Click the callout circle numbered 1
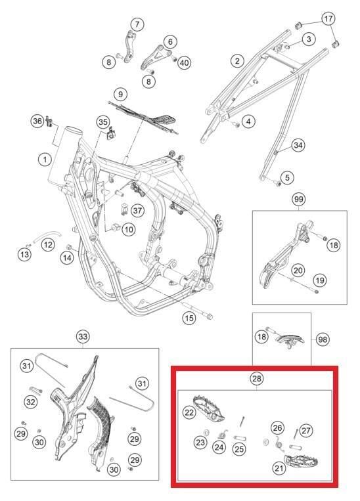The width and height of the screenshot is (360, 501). click(44, 159)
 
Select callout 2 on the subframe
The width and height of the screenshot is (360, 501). click(237, 61)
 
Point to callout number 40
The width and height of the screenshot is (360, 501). click(184, 62)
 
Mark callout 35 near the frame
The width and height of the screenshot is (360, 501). click(102, 121)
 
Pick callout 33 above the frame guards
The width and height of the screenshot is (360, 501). click(82, 337)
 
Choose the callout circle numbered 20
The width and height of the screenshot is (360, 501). click(298, 270)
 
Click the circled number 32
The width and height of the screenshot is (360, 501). click(30, 401)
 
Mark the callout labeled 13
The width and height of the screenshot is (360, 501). click(24, 254)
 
